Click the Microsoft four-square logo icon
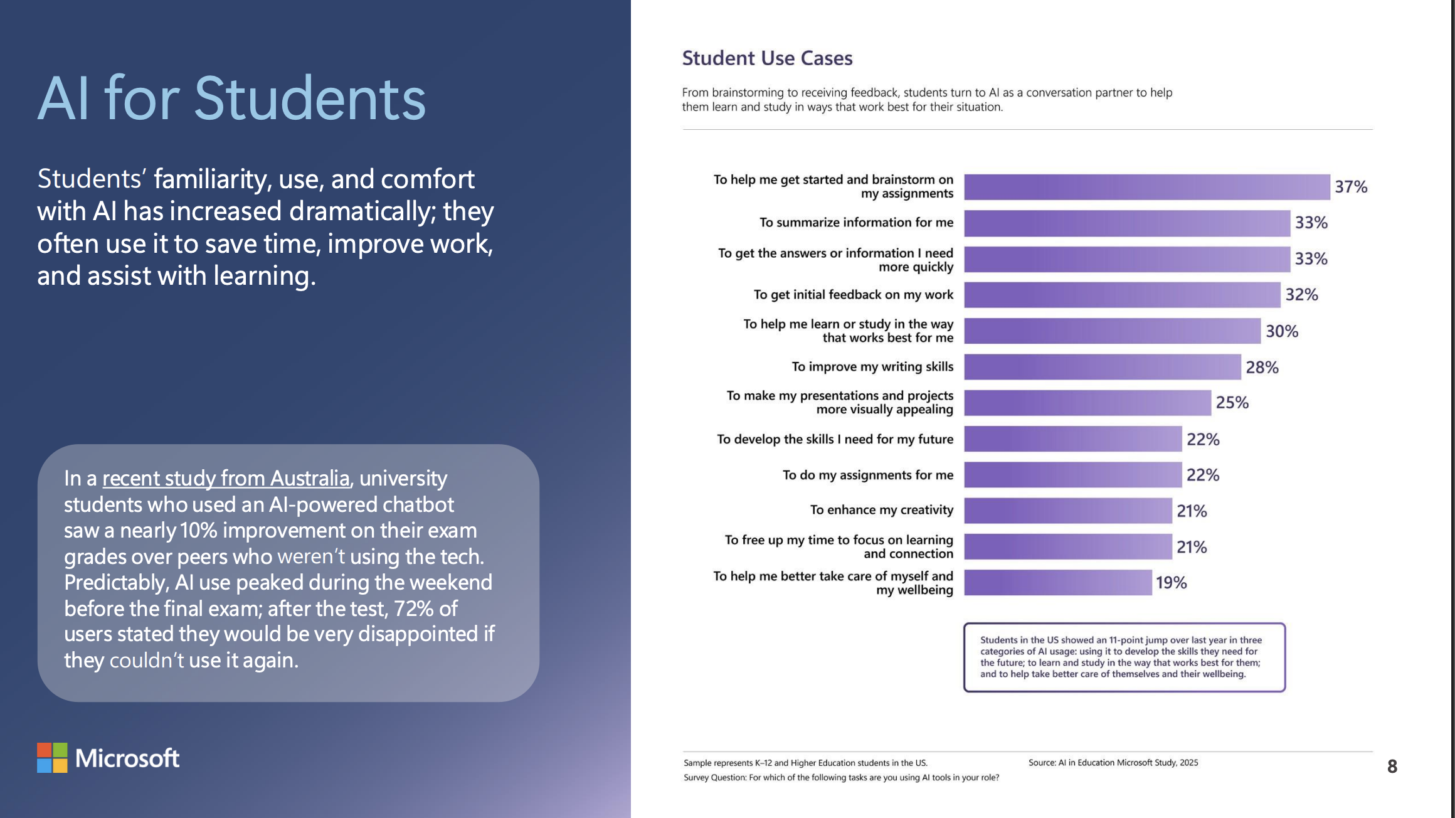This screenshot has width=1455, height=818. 52,758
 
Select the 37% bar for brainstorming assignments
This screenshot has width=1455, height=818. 1146,187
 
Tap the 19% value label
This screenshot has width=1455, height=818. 1171,583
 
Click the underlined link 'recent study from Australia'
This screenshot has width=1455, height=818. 226,479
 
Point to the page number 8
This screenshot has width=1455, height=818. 1392,766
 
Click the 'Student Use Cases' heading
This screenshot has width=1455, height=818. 767,58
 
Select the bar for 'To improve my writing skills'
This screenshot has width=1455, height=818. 1102,367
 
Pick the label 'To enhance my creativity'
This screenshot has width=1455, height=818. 881,510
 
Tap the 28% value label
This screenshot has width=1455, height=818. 1262,368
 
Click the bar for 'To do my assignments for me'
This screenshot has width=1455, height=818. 1072,475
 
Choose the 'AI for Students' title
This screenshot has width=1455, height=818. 231,98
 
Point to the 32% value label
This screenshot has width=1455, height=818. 1301,295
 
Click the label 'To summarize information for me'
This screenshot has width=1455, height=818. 856,223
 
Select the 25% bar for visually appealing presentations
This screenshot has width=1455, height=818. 1087,403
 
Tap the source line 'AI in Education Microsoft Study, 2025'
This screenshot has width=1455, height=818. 1113,763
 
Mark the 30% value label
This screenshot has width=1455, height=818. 1281,331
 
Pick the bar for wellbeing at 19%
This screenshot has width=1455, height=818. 1057,583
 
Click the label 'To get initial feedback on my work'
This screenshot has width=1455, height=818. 853,295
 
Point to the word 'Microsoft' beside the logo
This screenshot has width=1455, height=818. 127,758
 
